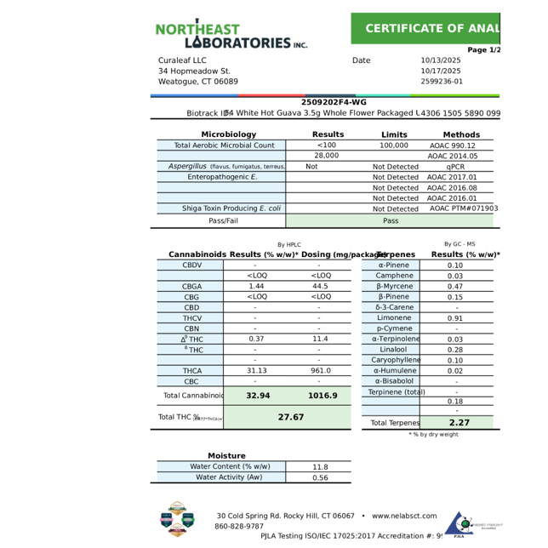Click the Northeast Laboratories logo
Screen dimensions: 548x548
click(x=231, y=34)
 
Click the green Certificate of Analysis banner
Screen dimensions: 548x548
click(x=425, y=28)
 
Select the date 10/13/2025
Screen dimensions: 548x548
click(x=441, y=60)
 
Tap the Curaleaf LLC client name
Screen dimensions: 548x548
click(x=182, y=60)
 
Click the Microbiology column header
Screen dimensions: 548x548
click(x=228, y=134)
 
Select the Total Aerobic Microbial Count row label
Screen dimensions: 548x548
click(x=224, y=146)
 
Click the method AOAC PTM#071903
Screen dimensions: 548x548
click(x=464, y=208)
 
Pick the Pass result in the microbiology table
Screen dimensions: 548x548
click(x=391, y=220)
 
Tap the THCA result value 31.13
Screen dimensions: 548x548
click(x=256, y=371)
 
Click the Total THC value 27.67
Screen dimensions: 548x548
click(x=291, y=418)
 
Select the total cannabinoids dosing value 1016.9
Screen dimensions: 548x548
click(x=323, y=396)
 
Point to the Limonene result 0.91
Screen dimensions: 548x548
click(x=455, y=318)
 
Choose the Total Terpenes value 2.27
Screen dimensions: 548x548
click(x=460, y=423)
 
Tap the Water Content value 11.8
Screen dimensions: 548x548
click(x=320, y=467)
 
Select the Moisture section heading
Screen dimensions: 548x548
click(x=226, y=456)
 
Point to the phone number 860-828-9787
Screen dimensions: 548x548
click(x=239, y=526)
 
